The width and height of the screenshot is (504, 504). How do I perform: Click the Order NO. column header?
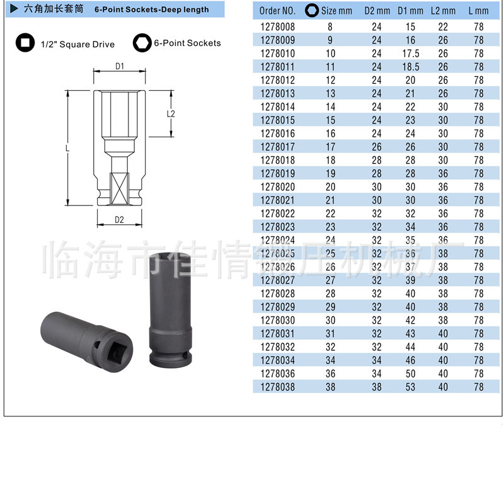(x=277, y=11)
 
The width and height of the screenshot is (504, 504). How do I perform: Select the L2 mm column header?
(x=443, y=11)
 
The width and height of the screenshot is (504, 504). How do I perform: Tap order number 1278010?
(x=277, y=54)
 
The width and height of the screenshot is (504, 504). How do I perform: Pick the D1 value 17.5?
(x=411, y=54)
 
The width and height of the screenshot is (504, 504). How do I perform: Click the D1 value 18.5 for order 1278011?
(x=411, y=67)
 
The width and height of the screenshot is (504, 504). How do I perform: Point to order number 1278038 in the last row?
(x=277, y=387)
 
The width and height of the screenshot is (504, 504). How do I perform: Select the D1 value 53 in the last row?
(x=410, y=387)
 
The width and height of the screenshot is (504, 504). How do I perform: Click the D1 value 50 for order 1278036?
(x=410, y=374)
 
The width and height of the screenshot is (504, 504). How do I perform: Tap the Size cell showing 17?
(x=330, y=147)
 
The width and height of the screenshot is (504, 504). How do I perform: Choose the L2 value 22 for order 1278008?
(x=443, y=26)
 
